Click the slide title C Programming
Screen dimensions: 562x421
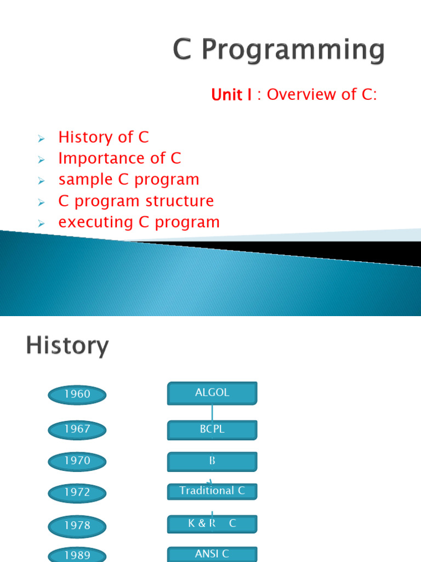click(x=279, y=51)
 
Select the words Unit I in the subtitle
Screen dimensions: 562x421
click(x=231, y=95)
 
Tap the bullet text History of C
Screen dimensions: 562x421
click(x=103, y=137)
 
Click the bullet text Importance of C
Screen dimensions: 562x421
click(x=120, y=159)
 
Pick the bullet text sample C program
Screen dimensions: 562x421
click(x=129, y=179)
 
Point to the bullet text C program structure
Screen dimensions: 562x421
click(x=136, y=201)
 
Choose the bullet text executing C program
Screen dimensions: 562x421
click(x=139, y=222)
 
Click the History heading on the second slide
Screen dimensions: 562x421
click(x=67, y=347)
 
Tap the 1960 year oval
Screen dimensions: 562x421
click(x=77, y=394)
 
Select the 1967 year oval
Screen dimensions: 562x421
click(x=77, y=429)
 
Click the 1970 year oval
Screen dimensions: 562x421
click(x=77, y=461)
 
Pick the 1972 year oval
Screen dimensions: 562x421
click(x=77, y=493)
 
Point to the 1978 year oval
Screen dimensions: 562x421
click(x=77, y=526)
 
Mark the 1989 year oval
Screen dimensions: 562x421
click(x=77, y=554)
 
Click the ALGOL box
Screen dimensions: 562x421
click(x=212, y=393)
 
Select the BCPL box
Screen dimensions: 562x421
click(x=212, y=429)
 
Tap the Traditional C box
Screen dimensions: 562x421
click(x=212, y=491)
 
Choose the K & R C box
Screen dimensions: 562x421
click(x=212, y=524)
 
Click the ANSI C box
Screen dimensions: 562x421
click(x=212, y=554)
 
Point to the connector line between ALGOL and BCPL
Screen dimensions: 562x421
click(x=212, y=413)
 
